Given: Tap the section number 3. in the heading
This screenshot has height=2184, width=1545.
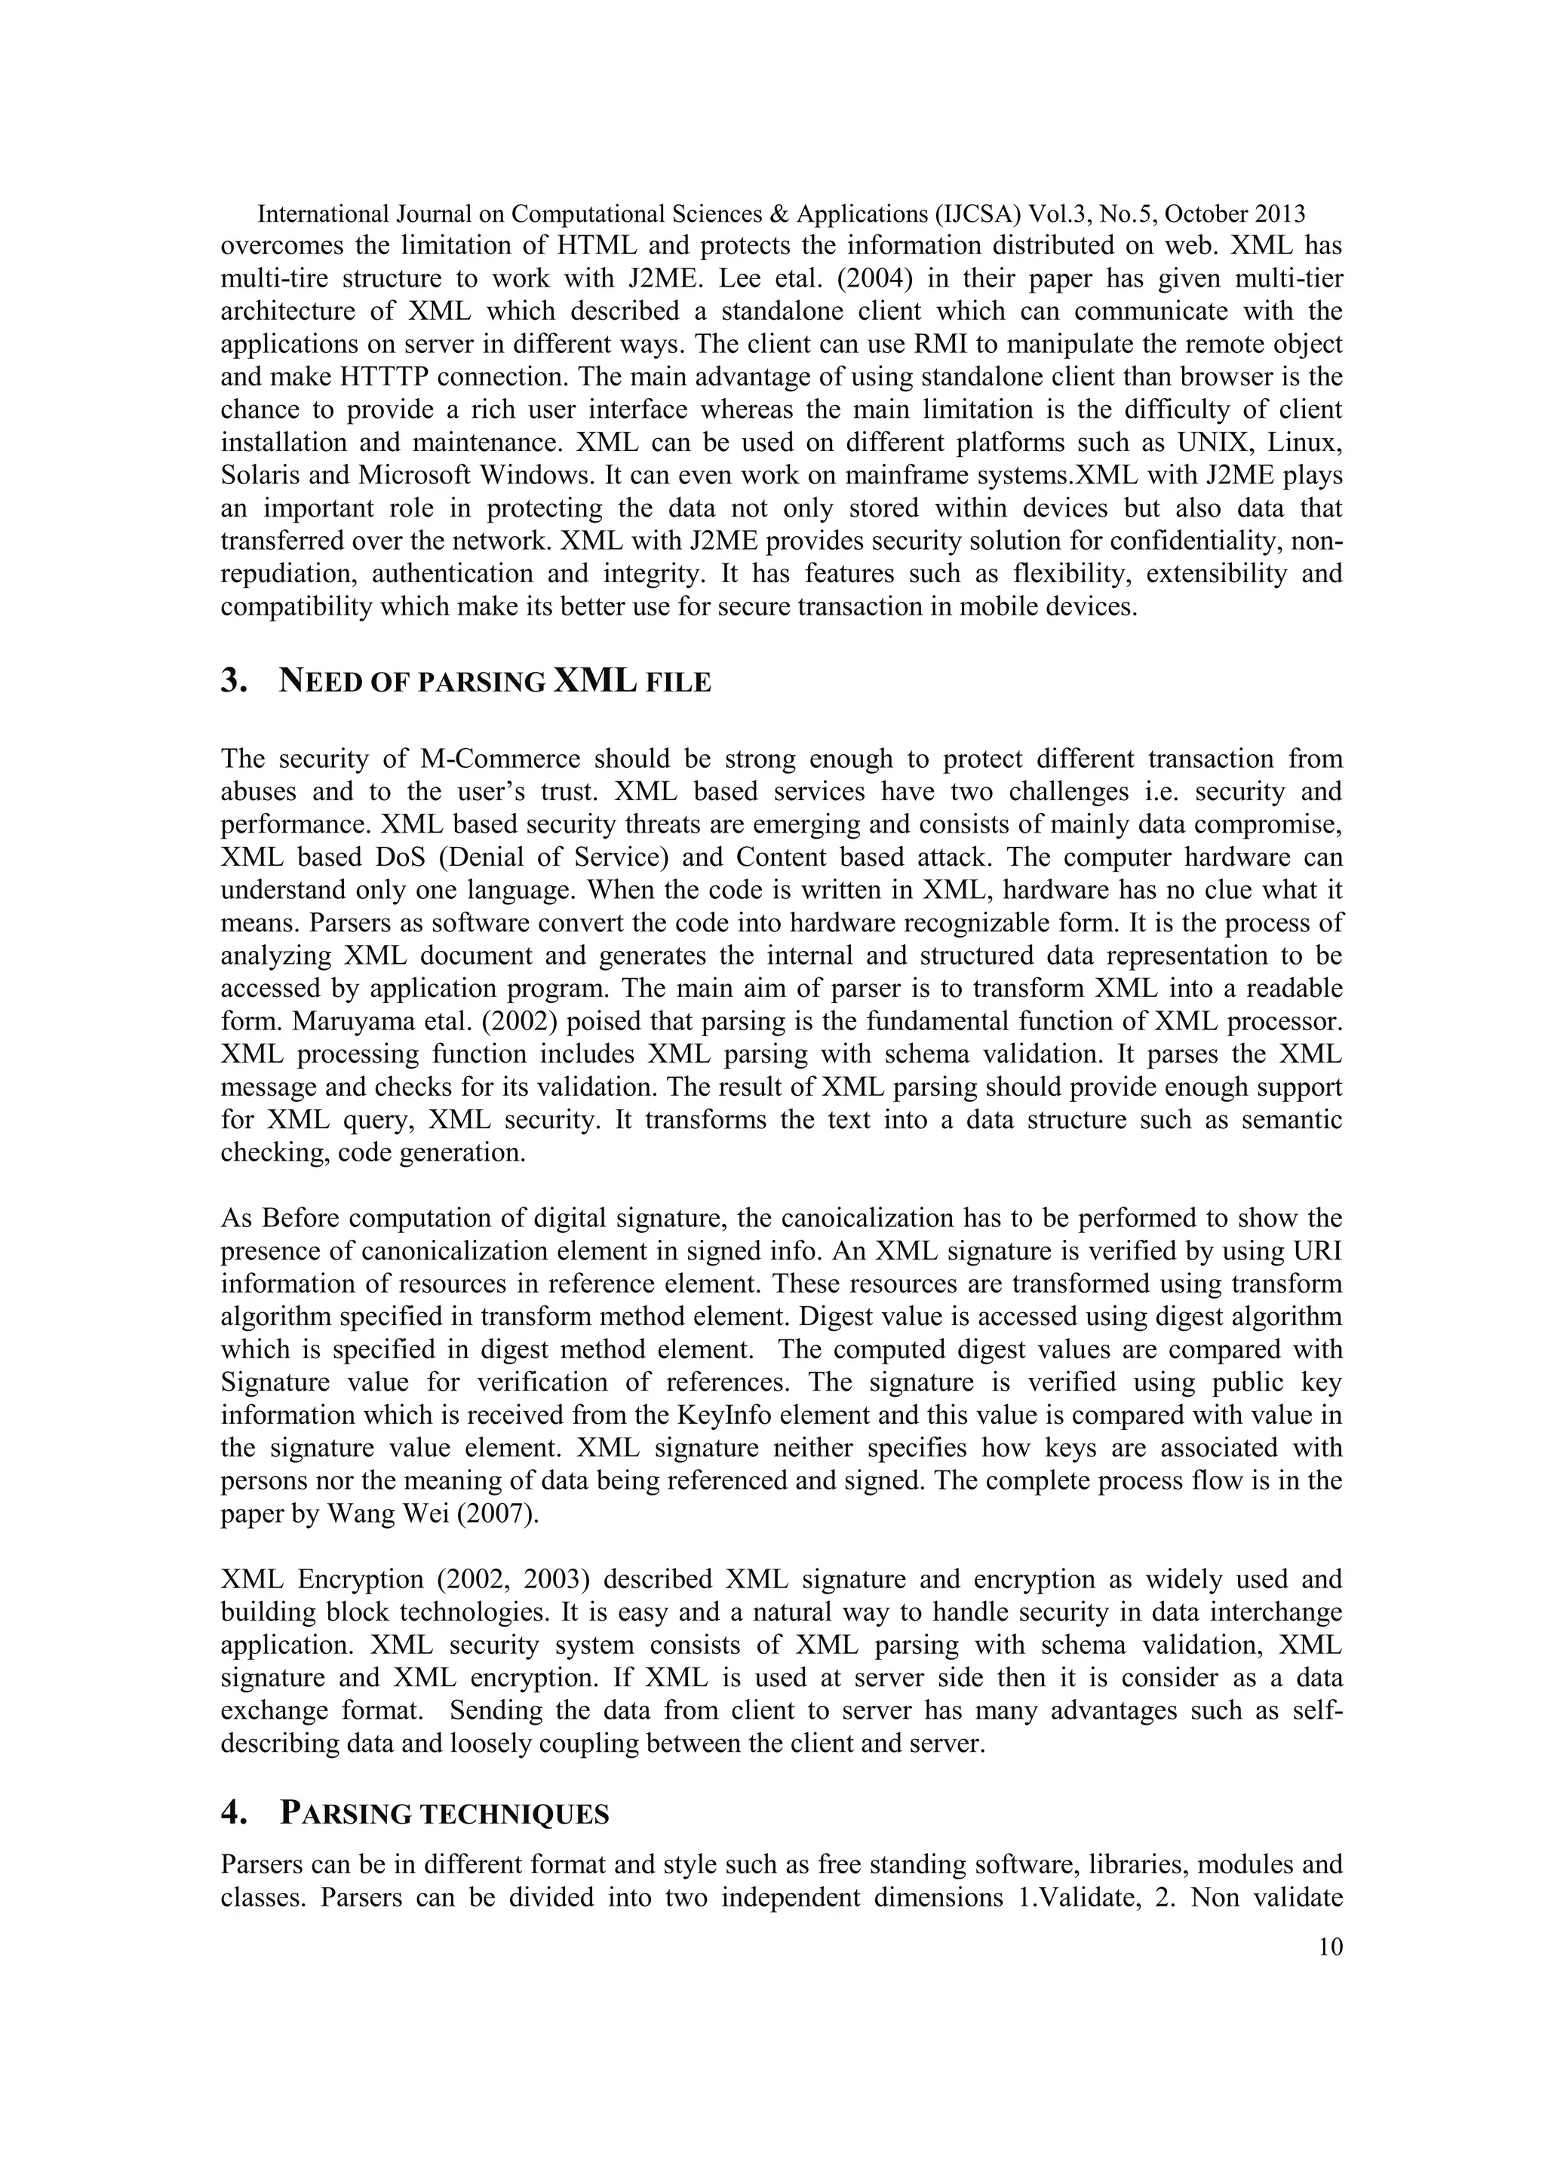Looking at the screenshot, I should click(x=233, y=681).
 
